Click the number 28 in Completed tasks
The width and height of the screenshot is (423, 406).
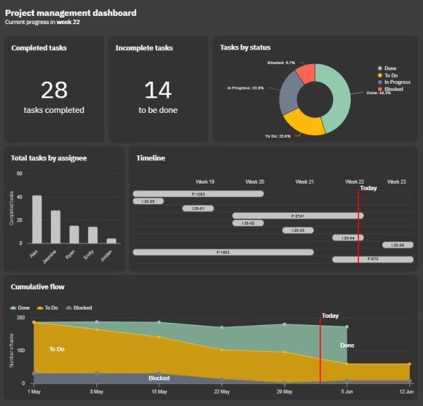point(54,90)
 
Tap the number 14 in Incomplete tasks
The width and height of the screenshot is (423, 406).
point(158,90)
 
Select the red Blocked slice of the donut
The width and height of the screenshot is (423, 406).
point(307,72)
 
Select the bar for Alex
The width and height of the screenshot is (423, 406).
point(37,220)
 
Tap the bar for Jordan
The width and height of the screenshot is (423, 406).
point(111,241)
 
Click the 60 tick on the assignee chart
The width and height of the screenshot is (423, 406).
point(19,173)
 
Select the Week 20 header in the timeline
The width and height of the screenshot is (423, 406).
point(254,182)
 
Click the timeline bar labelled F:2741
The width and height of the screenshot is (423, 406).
point(298,216)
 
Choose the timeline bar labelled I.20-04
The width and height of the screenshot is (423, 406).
point(347,237)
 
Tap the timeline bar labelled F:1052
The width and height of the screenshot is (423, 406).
point(198,194)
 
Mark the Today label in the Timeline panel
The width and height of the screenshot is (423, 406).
point(369,188)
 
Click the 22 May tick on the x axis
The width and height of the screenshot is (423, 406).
point(221,392)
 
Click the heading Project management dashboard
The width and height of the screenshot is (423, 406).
point(70,12)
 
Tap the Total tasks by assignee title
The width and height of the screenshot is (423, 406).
point(48,158)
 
